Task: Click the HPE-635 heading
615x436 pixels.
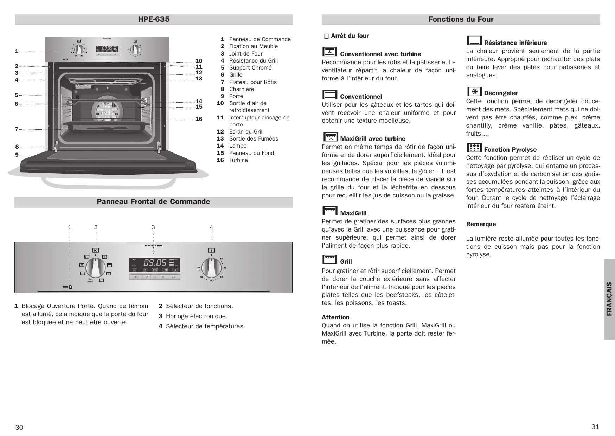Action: [x=154, y=19]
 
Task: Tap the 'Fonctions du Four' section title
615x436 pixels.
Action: [x=461, y=19]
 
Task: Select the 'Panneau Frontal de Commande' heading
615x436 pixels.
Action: [x=153, y=202]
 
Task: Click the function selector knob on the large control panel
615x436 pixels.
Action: [x=95, y=268]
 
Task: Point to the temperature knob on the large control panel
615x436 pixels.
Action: [x=211, y=268]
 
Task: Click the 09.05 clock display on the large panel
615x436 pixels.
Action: [x=155, y=262]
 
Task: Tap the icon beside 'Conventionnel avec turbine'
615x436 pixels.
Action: [x=329, y=52]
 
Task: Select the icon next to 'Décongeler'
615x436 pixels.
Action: [x=474, y=91]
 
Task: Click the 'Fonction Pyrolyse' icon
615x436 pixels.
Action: [x=474, y=148]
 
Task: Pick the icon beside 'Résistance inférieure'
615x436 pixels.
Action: [x=474, y=41]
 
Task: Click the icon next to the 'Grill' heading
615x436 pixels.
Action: [x=329, y=260]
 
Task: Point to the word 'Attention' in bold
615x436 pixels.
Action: [x=335, y=317]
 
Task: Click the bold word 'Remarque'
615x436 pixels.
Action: [x=481, y=224]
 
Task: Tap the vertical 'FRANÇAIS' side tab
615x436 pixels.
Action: [x=609, y=299]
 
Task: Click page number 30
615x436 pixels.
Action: [x=19, y=427]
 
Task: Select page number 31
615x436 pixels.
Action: [x=595, y=427]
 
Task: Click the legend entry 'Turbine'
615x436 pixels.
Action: [x=238, y=160]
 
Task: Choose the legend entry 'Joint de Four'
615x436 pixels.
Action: [x=246, y=54]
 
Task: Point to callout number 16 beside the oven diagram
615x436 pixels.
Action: [x=199, y=119]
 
